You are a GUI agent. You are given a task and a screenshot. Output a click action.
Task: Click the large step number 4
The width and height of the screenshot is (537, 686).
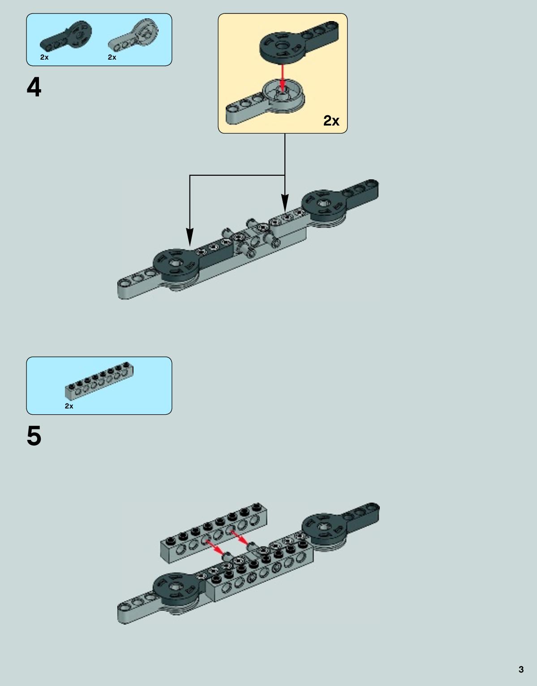[x=34, y=87]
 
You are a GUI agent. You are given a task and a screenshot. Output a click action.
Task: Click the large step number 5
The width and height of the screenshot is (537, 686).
[x=34, y=436]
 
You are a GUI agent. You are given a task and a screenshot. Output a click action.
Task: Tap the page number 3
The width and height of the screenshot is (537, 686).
[x=521, y=669]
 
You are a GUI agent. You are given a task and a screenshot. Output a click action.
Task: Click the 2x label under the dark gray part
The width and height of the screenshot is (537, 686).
[x=44, y=57]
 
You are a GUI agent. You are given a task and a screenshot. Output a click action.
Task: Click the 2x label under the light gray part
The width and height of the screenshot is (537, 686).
[x=112, y=57]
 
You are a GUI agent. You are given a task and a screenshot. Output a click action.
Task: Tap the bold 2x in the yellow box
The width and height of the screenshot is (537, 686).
[x=331, y=121]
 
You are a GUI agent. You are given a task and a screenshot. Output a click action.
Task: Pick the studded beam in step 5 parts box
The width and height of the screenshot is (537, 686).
[x=99, y=380]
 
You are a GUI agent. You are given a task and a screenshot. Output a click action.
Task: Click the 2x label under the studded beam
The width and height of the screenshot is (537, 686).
[x=69, y=406]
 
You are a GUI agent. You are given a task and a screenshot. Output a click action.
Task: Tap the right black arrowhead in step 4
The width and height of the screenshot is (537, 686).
[x=285, y=203]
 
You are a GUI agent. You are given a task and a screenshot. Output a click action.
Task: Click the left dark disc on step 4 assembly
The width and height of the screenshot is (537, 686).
[x=176, y=264]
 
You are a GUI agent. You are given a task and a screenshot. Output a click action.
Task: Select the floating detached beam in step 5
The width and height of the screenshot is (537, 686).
[x=214, y=533]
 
